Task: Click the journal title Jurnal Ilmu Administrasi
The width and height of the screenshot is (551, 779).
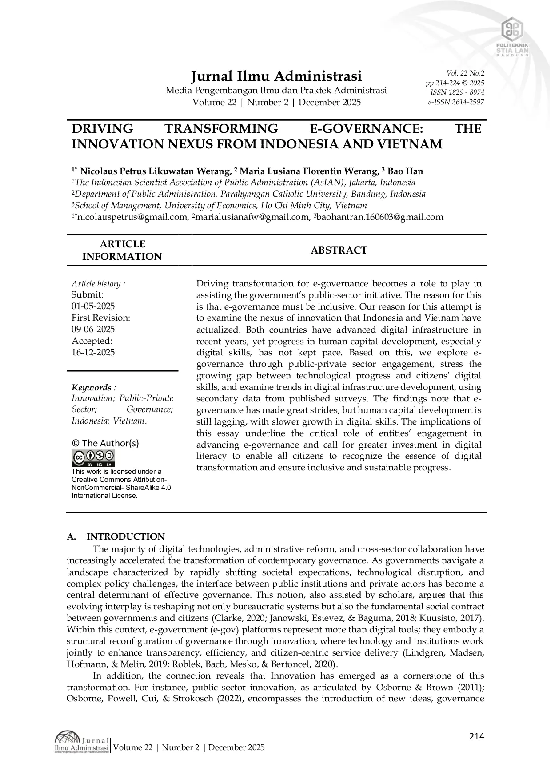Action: point(276,76)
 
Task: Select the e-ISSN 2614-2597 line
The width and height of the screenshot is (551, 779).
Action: point(456,102)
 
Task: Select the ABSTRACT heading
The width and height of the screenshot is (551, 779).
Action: point(339,250)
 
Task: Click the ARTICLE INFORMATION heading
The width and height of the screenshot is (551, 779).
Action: point(122,250)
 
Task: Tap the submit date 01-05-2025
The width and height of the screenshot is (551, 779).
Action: point(93,306)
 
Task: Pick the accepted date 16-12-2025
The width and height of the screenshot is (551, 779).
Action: point(93,352)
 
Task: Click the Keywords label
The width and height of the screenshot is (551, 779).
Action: point(92,387)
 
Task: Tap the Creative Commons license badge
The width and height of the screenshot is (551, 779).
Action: point(93,458)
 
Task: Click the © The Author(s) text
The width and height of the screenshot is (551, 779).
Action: point(105,443)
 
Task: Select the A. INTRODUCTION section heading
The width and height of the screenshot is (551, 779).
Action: point(116,537)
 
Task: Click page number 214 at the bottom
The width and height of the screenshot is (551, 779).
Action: point(476,736)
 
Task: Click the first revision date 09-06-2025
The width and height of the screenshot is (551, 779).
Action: point(93,329)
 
